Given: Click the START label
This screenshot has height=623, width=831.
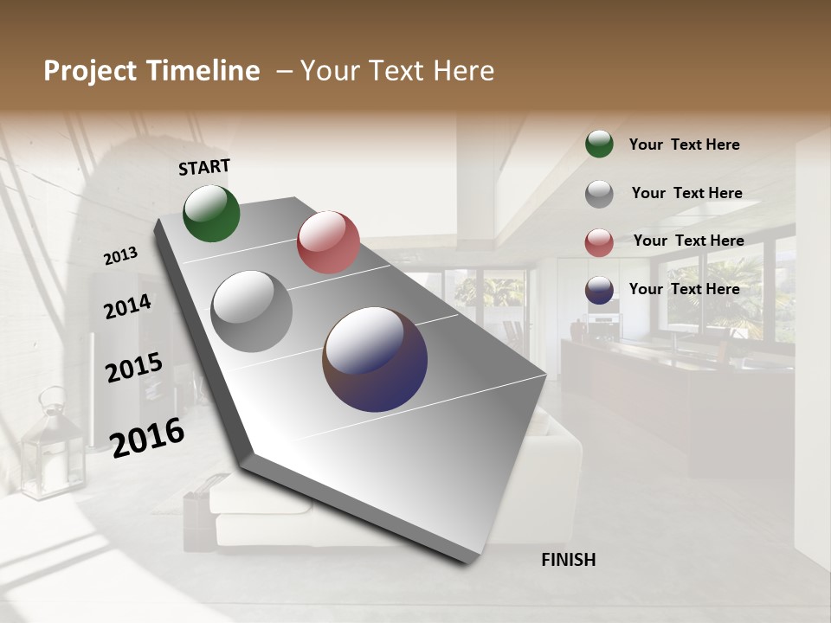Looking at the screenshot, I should point(204,167).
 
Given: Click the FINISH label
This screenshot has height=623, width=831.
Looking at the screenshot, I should point(568,560).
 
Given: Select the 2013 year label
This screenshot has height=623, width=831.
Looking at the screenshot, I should point(120,256).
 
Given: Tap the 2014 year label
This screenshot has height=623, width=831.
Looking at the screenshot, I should point(127,306).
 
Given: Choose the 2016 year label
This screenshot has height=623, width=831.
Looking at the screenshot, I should point(147,436).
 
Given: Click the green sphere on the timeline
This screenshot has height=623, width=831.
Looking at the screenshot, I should point(211,214).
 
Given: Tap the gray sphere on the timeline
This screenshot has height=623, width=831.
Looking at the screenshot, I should point(251,311).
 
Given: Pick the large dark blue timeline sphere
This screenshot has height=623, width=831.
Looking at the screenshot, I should point(375,359).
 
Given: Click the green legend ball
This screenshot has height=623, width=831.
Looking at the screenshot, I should point(599,145).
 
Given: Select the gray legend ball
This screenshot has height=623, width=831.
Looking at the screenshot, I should point(599,194).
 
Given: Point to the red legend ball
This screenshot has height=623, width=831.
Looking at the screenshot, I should point(599,242).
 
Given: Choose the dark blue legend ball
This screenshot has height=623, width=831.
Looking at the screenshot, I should point(599,291).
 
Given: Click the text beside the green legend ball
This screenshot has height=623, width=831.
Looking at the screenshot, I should point(684,145).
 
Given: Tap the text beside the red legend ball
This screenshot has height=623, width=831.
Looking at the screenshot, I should point(688,241).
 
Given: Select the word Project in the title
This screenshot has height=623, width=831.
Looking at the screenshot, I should point(90,71).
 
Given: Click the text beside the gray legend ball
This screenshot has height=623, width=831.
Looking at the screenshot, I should point(686,193).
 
